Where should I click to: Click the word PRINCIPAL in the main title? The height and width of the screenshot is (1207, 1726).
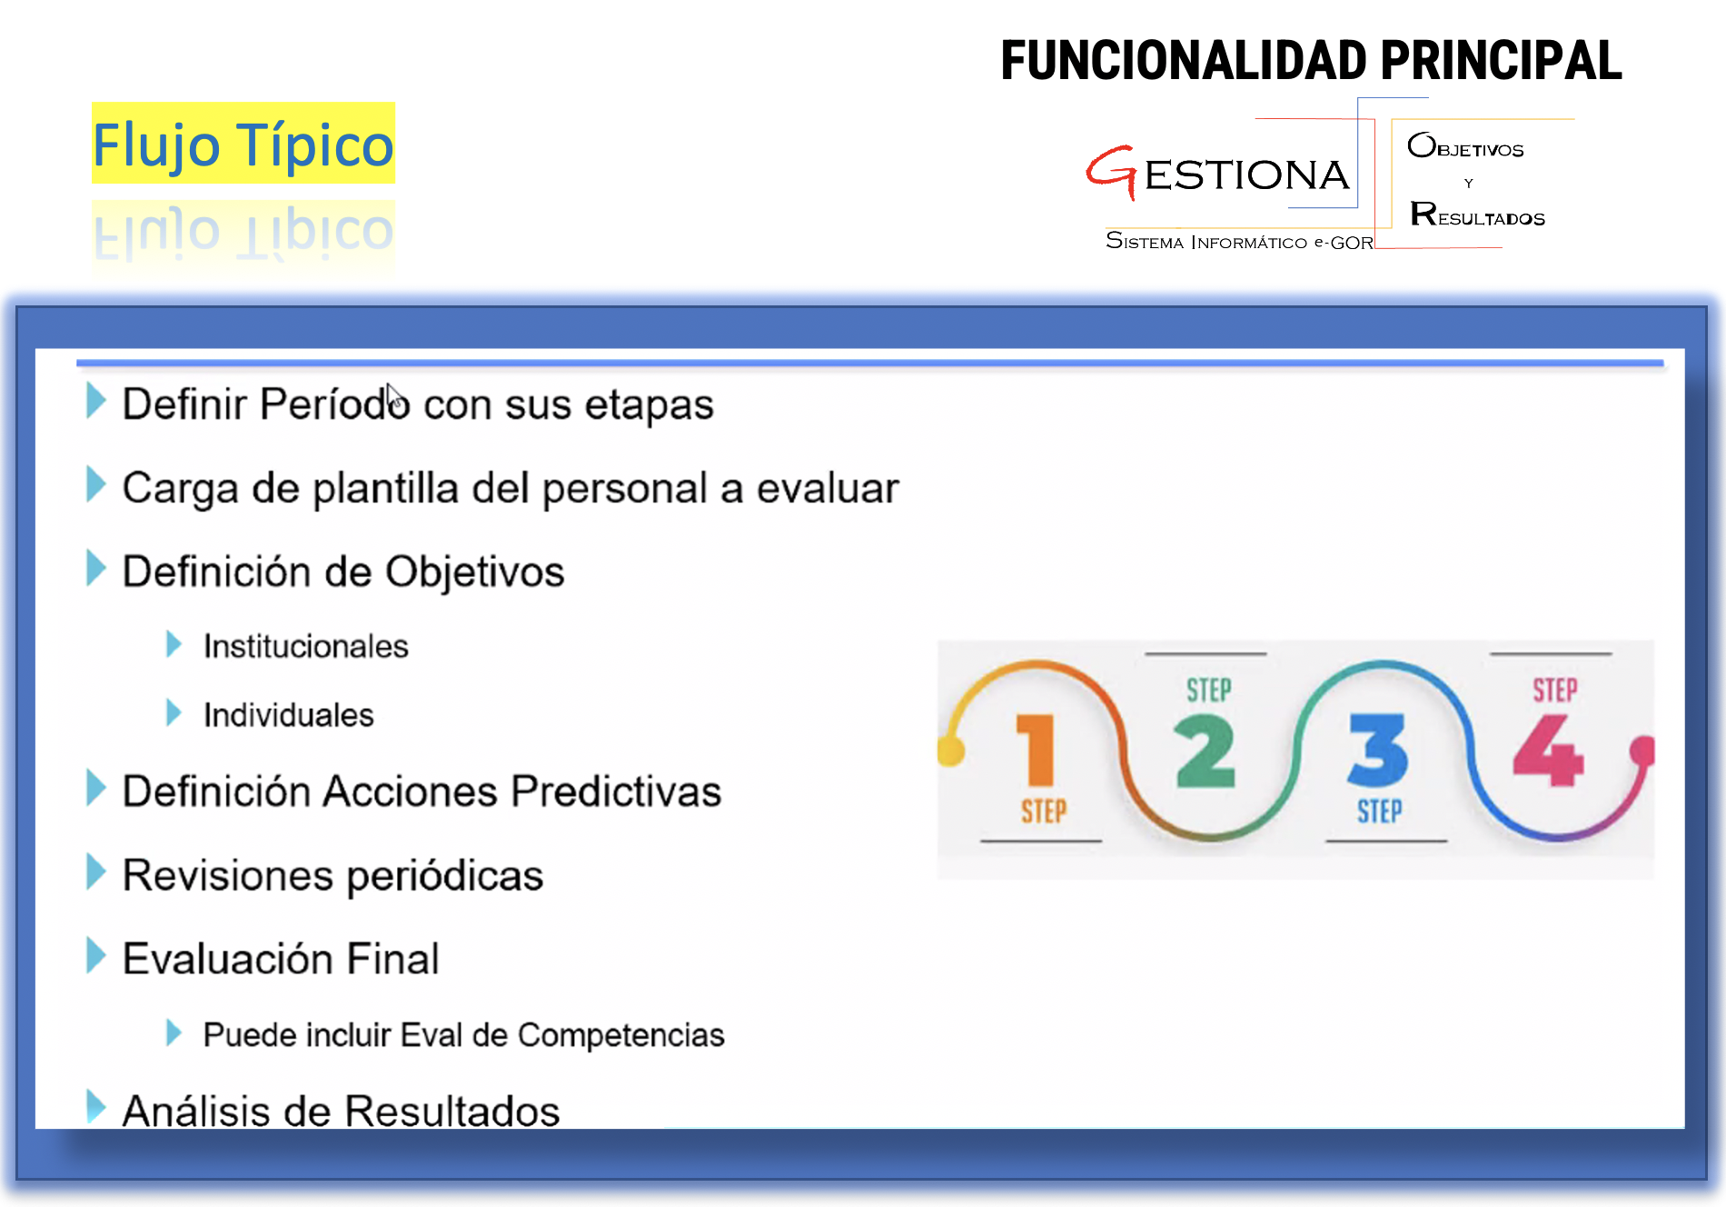1501,61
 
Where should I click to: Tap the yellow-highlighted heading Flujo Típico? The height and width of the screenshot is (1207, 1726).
243,144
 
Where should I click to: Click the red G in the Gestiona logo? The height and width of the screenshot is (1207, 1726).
1112,172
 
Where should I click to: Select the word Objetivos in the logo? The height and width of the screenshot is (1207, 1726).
1465,145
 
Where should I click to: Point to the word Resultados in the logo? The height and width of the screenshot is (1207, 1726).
1477,214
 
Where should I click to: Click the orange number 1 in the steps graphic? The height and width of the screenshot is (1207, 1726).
1036,749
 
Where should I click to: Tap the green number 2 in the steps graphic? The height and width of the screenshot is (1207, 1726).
1205,751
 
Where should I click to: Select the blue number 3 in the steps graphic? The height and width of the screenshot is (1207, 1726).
1378,750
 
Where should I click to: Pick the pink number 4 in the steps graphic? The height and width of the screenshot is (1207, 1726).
1549,750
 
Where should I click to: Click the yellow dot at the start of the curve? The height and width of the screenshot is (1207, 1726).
950,751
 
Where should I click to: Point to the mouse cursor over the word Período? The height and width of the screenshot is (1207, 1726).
394,398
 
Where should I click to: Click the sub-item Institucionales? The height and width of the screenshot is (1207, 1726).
305,646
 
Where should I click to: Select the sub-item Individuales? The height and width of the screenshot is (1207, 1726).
288,715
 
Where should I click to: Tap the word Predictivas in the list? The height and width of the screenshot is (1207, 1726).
616,791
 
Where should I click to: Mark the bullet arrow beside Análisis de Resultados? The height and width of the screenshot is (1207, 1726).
96,1106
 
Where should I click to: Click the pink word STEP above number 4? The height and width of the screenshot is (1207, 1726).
1555,691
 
